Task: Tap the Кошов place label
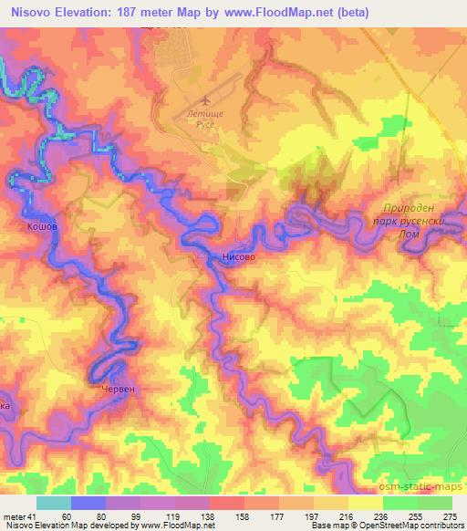pyautogui.click(x=43, y=224)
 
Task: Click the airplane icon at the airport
pyautogui.click(x=207, y=98)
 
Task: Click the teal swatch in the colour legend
pyautogui.click(x=54, y=503)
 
